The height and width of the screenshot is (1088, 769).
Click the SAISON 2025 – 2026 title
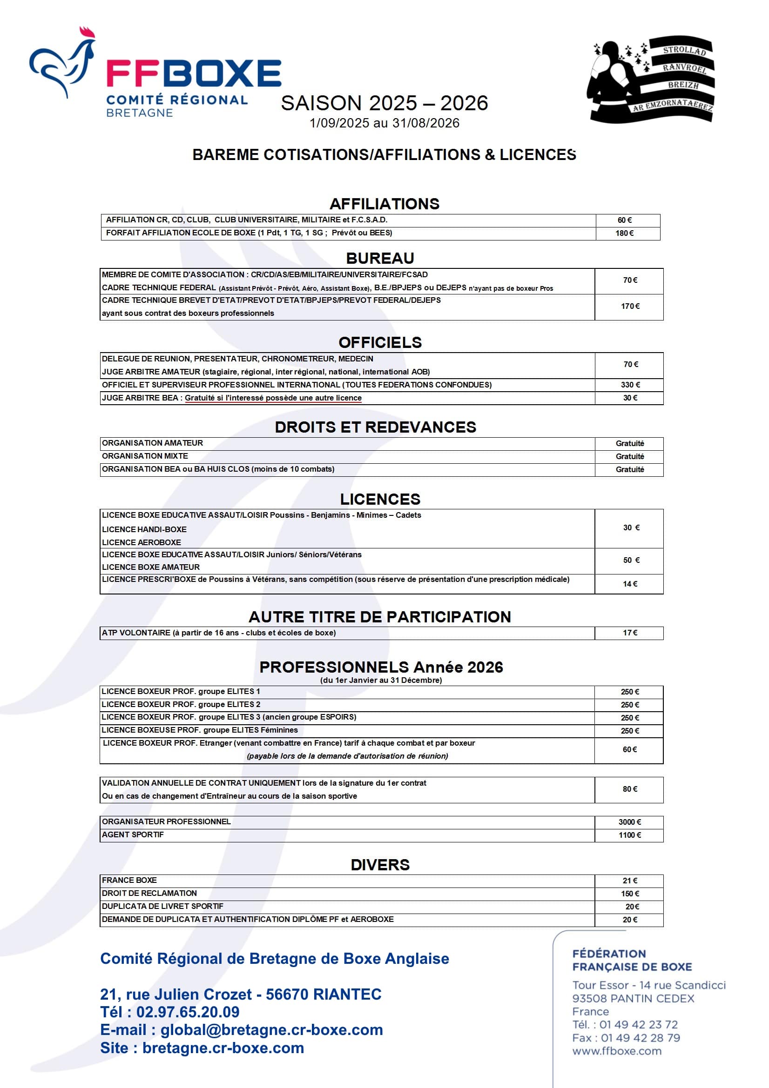tap(384, 103)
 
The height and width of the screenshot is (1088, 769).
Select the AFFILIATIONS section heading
tap(384, 204)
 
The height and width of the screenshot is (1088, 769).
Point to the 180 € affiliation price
tap(624, 233)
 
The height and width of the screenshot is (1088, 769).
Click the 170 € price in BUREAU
tap(630, 306)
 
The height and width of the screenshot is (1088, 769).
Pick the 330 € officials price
tap(630, 385)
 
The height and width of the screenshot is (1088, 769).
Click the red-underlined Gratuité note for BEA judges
tap(273, 398)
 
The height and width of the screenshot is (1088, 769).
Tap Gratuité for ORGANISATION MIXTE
tap(630, 456)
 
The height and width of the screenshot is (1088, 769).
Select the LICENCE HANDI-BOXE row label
tap(144, 529)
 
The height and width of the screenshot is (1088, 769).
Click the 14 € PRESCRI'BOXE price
tap(630, 584)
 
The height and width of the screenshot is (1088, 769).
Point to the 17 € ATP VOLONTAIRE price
tap(630, 633)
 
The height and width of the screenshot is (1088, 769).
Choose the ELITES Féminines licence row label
tap(200, 730)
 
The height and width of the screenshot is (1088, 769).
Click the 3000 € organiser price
tap(630, 821)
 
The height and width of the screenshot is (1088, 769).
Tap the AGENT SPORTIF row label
tap(133, 834)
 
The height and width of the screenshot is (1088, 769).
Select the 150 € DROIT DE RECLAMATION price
tap(630, 893)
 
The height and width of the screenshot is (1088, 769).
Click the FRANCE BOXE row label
tap(129, 880)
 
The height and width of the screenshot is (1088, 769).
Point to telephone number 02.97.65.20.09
tap(188, 1012)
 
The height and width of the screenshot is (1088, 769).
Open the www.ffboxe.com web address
tap(616, 1051)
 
